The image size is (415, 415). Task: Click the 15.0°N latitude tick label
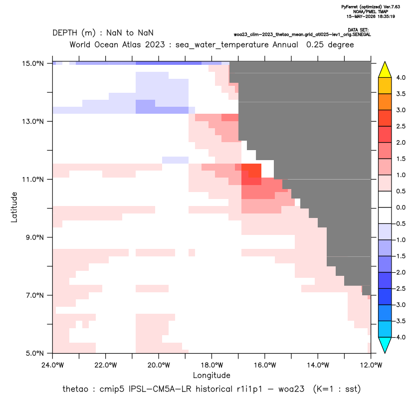tap(33, 63)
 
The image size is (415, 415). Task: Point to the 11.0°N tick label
tap(33, 180)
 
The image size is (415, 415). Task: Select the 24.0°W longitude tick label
tap(53, 365)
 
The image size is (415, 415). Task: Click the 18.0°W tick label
tap(211, 365)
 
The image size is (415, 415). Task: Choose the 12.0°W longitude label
tap(371, 365)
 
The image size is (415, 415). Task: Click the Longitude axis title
tap(211, 375)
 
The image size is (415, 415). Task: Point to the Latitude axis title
tap(14, 207)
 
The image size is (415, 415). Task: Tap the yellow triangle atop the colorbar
tap(385, 70)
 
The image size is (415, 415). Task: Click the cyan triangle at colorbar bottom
tap(385, 345)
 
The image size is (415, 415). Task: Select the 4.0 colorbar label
tap(401, 78)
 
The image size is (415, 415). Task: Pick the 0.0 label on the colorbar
tap(401, 207)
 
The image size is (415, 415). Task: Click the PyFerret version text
tap(371, 7)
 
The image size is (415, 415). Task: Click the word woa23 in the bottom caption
tap(291, 389)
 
